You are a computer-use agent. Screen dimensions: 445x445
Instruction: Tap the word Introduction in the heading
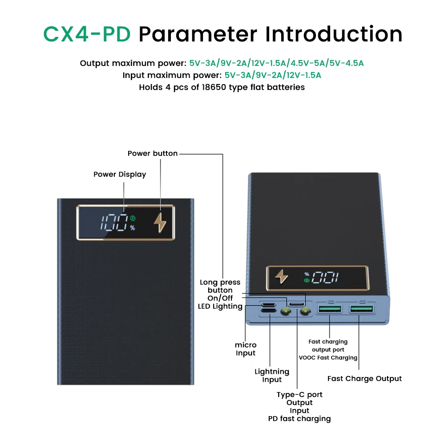[334, 34]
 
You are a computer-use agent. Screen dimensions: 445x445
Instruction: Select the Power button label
[153, 154]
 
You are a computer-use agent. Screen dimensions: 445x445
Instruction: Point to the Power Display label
[120, 174]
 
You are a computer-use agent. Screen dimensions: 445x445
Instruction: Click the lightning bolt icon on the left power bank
[159, 222]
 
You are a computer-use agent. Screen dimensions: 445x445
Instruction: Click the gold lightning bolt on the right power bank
[282, 277]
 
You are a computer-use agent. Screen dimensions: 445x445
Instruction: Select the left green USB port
[329, 309]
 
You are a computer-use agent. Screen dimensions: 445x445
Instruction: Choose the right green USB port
[361, 309]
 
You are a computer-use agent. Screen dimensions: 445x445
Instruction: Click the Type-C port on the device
[296, 304]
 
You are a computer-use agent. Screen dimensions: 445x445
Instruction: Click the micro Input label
[246, 349]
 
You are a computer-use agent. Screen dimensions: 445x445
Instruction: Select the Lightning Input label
[272, 376]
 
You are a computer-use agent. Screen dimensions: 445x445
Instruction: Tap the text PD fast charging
[299, 419]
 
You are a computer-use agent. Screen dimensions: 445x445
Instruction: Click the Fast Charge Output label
[364, 379]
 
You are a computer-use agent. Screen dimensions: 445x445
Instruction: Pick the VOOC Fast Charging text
[328, 358]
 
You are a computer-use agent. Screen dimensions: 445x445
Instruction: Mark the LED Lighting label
[220, 306]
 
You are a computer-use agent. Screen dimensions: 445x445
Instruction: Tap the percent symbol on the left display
[133, 228]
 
